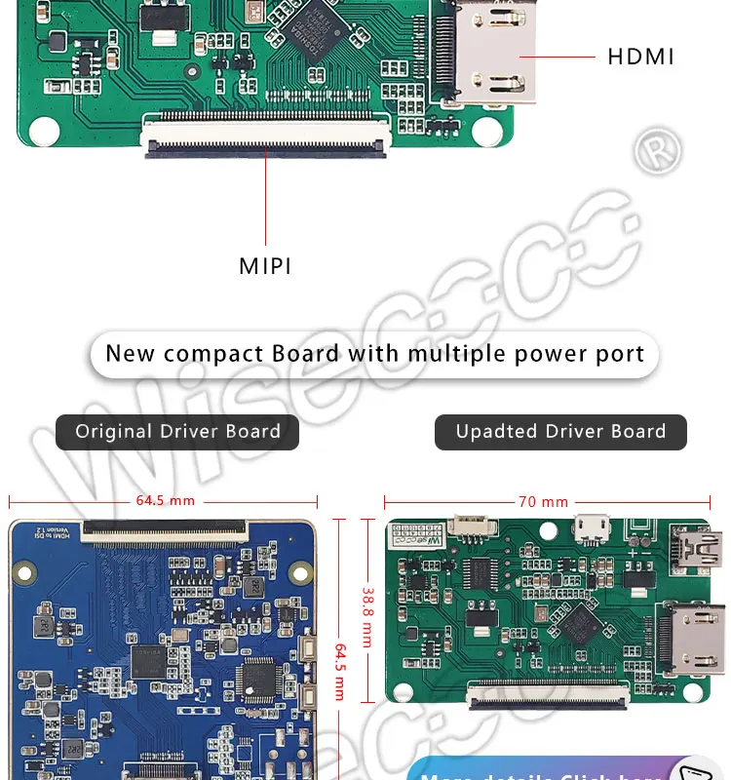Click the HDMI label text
click(x=640, y=57)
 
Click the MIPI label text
click(x=265, y=265)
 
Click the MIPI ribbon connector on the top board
click(x=265, y=136)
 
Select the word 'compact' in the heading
click(x=205, y=353)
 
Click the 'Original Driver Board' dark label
click(x=177, y=432)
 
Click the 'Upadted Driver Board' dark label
click(x=560, y=432)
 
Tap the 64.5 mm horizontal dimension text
click(x=165, y=501)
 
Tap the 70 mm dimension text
click(x=543, y=502)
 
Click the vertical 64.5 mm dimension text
click(x=340, y=671)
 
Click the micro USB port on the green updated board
click(x=588, y=527)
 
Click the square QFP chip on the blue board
click(x=258, y=678)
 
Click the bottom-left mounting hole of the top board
click(x=43, y=129)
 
